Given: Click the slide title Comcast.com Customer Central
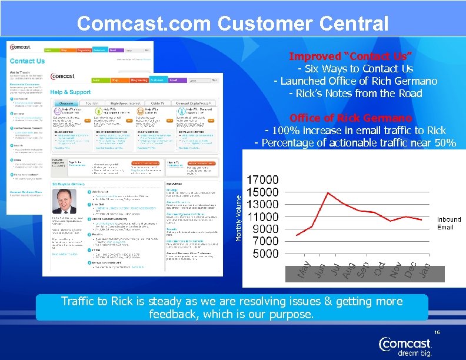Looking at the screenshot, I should click(x=232, y=24).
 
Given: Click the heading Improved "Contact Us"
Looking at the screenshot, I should click(x=350, y=56).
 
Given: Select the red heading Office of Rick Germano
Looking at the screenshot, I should click(x=350, y=118).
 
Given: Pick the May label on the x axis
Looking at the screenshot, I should click(x=302, y=270).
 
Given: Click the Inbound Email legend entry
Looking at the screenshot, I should click(x=449, y=223).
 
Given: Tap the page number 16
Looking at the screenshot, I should click(x=437, y=333).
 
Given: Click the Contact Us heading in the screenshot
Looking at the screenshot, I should click(x=28, y=61).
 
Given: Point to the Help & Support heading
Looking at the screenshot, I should click(x=71, y=92).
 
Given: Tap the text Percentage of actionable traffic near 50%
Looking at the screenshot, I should click(x=355, y=142).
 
